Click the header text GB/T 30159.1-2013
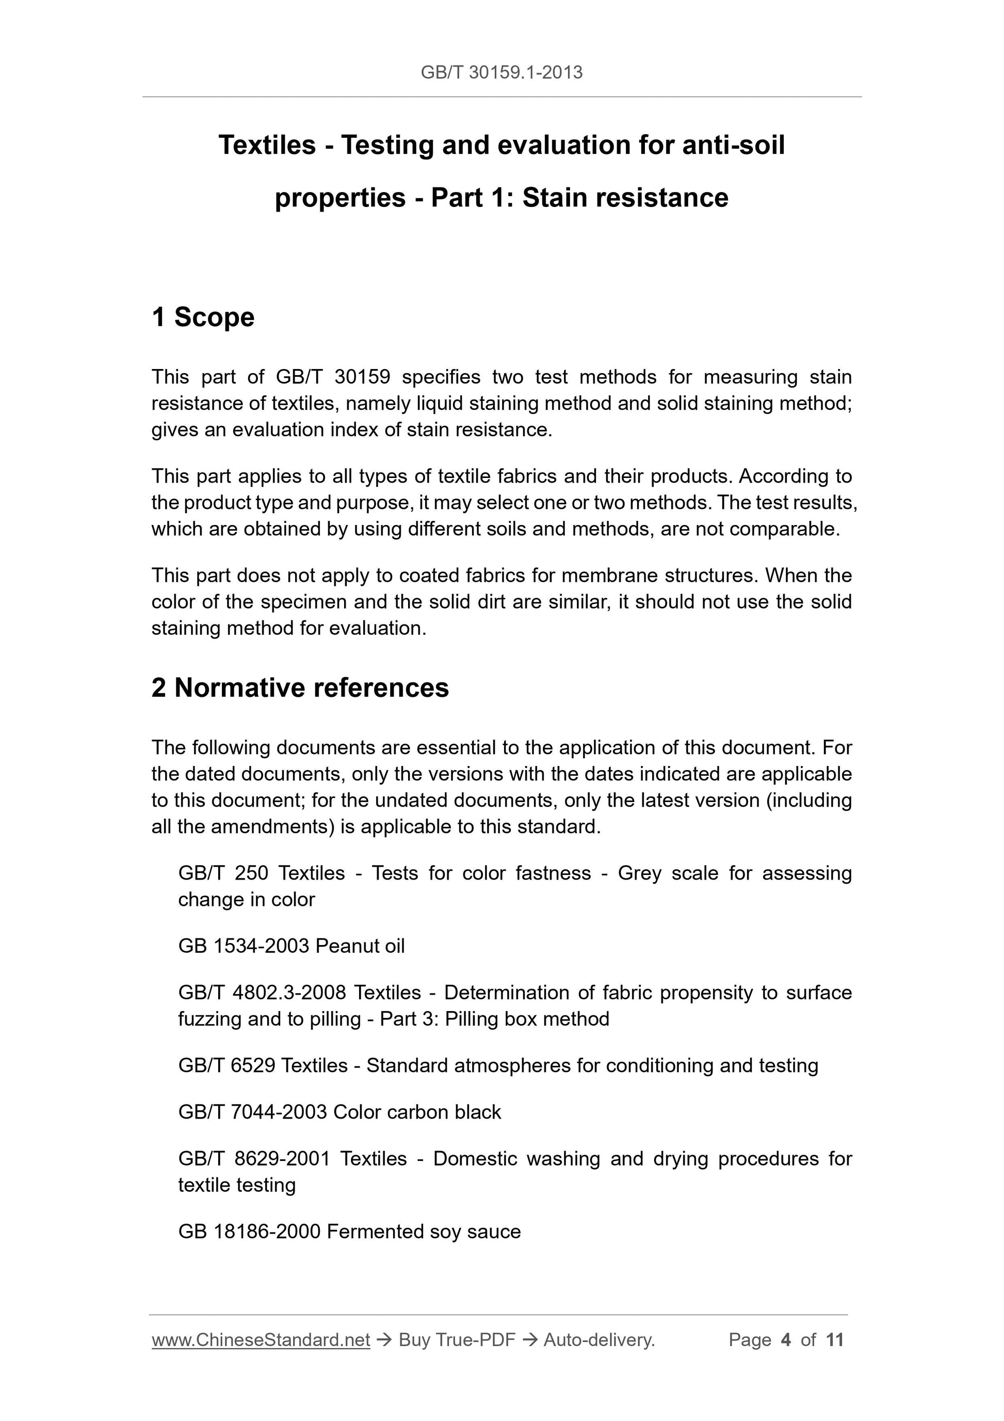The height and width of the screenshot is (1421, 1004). click(x=501, y=73)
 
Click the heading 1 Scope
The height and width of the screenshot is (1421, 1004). click(x=203, y=317)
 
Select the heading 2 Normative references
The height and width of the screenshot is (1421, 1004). click(x=300, y=688)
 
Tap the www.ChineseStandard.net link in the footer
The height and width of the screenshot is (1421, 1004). click(x=261, y=1340)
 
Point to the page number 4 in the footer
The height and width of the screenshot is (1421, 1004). click(x=786, y=1340)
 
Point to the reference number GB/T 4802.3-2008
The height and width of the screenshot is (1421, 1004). click(x=262, y=992)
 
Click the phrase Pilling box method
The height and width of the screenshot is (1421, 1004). click(x=527, y=1019)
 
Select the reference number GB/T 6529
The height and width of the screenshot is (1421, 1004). click(x=226, y=1065)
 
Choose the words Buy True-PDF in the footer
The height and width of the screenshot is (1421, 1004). click(x=457, y=1340)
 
